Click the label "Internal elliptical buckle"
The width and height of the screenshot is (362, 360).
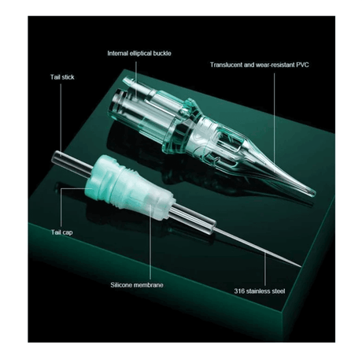(139, 53)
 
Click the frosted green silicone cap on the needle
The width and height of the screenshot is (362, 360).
(127, 182)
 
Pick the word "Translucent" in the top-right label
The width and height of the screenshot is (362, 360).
(229, 64)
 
